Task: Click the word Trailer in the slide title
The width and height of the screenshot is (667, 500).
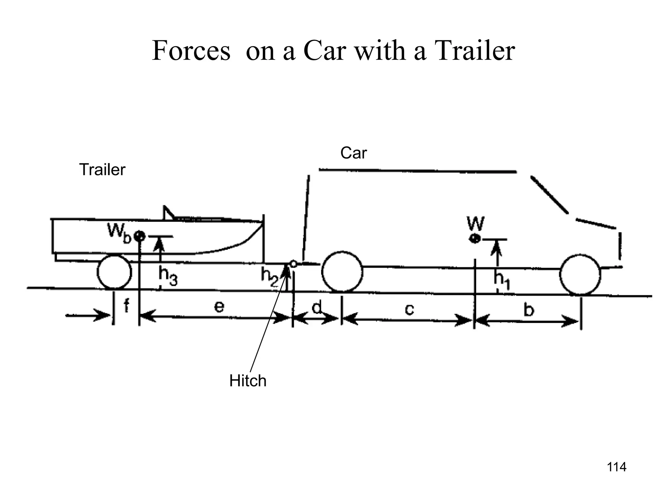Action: [475, 51]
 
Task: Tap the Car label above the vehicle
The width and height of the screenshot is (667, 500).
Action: [353, 153]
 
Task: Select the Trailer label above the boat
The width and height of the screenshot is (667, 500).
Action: [102, 170]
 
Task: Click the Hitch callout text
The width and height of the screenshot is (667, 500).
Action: [248, 381]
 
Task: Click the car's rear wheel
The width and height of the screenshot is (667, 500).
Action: [342, 271]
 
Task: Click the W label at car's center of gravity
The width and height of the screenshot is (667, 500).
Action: [475, 223]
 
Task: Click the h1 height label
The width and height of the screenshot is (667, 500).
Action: [502, 280]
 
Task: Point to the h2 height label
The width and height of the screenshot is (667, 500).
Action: [269, 277]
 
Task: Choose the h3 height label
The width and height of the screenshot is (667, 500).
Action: [168, 276]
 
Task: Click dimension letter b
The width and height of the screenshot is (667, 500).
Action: [529, 310]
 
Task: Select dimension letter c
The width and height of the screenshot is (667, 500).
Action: [409, 309]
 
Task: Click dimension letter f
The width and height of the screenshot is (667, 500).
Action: [126, 306]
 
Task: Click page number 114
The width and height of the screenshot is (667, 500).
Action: [617, 467]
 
